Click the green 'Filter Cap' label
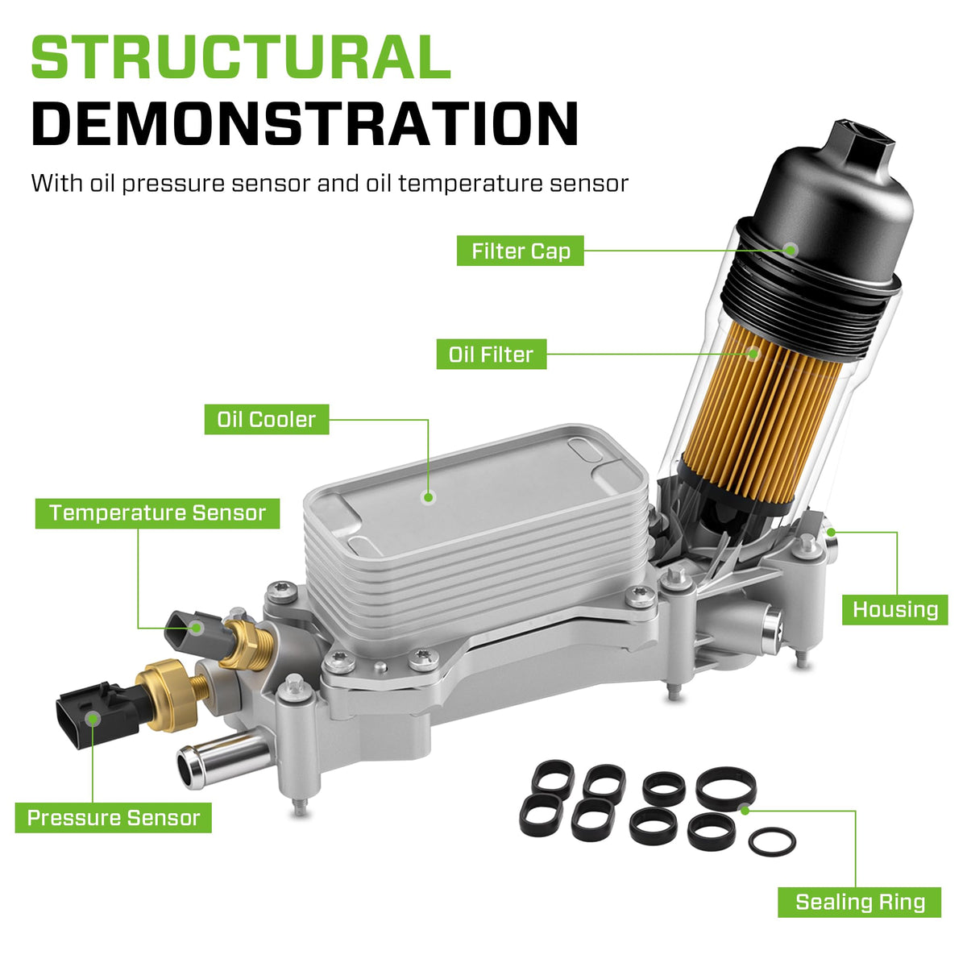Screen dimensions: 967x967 [520, 251]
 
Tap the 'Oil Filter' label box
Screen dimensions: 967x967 [492, 355]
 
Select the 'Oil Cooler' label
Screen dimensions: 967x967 [267, 419]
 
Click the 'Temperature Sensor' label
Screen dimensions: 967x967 [157, 513]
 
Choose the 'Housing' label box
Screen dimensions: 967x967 [894, 610]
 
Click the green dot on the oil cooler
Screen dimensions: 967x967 [428, 497]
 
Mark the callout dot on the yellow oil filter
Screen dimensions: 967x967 [753, 353]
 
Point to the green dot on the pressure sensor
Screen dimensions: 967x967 [93, 719]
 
